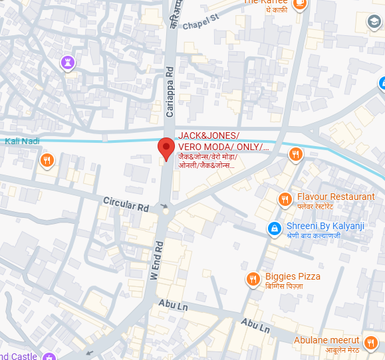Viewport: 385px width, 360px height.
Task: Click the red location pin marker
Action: pos(166,149)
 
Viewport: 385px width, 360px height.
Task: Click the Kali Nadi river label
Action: pos(21,141)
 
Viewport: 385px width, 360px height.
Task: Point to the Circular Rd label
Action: pos(126,203)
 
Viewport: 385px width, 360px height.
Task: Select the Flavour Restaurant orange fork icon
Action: pos(285,199)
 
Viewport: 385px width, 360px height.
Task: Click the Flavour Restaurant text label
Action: pos(336,197)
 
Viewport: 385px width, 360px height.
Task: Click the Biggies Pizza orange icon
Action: pos(253,280)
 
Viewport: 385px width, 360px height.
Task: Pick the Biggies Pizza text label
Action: pos(293,276)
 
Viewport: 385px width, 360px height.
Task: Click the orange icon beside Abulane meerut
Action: pos(371,343)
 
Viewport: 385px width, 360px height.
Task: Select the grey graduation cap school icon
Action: pos(374,23)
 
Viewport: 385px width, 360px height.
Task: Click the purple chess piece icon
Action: pos(66,62)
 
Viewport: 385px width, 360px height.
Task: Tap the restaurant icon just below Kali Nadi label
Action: pos(47,160)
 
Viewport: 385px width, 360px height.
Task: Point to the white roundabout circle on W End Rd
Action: pos(166,213)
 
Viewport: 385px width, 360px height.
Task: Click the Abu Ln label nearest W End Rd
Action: pos(176,304)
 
